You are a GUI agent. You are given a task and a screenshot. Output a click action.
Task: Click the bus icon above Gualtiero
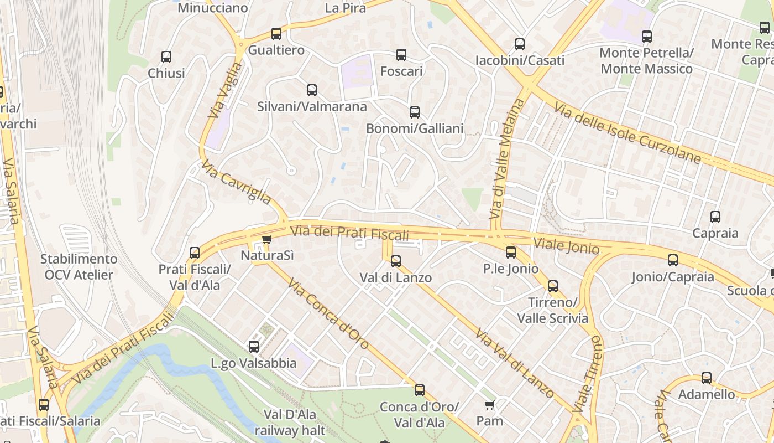pyautogui.click(x=276, y=33)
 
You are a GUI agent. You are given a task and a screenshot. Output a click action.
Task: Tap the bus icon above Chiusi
pyautogui.click(x=166, y=56)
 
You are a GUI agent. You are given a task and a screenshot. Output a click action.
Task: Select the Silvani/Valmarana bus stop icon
pyautogui.click(x=312, y=90)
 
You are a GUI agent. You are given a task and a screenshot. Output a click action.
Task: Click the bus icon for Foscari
pyautogui.click(x=401, y=55)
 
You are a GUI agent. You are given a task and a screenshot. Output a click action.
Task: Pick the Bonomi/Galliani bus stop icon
pyautogui.click(x=415, y=112)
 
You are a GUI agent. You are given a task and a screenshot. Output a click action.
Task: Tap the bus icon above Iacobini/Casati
pyautogui.click(x=520, y=44)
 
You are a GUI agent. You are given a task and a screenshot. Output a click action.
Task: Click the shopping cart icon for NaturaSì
pyautogui.click(x=267, y=240)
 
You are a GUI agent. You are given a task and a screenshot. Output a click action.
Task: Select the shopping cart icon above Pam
pyautogui.click(x=489, y=405)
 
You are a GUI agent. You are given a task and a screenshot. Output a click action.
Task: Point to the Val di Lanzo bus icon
pyautogui.click(x=396, y=261)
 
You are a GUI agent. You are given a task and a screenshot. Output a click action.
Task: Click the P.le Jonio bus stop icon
pyautogui.click(x=511, y=253)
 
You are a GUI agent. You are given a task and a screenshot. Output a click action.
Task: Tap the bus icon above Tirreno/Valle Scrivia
pyautogui.click(x=553, y=286)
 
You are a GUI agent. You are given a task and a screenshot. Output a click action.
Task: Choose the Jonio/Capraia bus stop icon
pyautogui.click(x=673, y=260)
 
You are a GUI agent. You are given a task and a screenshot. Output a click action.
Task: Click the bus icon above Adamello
pyautogui.click(x=707, y=378)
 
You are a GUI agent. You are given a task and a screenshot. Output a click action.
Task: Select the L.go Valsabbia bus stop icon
pyautogui.click(x=254, y=347)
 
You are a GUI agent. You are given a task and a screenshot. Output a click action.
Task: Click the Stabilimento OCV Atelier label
pyautogui.click(x=79, y=267)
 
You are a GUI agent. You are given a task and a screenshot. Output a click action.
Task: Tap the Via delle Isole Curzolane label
pyautogui.click(x=627, y=133)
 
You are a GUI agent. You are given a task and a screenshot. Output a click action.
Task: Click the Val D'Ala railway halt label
pyautogui.click(x=290, y=423)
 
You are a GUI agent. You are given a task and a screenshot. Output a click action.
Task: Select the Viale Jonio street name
pyautogui.click(x=566, y=245)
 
